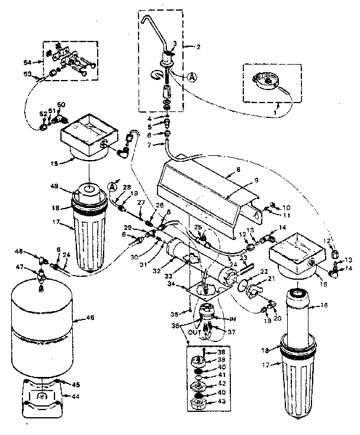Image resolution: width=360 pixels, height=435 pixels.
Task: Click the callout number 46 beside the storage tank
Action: pos(90,318)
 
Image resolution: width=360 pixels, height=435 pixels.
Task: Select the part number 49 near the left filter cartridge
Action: pos(54,187)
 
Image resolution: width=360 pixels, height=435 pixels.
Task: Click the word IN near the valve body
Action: pos(233,318)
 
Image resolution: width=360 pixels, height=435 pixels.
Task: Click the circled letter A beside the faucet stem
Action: pos(193,76)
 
